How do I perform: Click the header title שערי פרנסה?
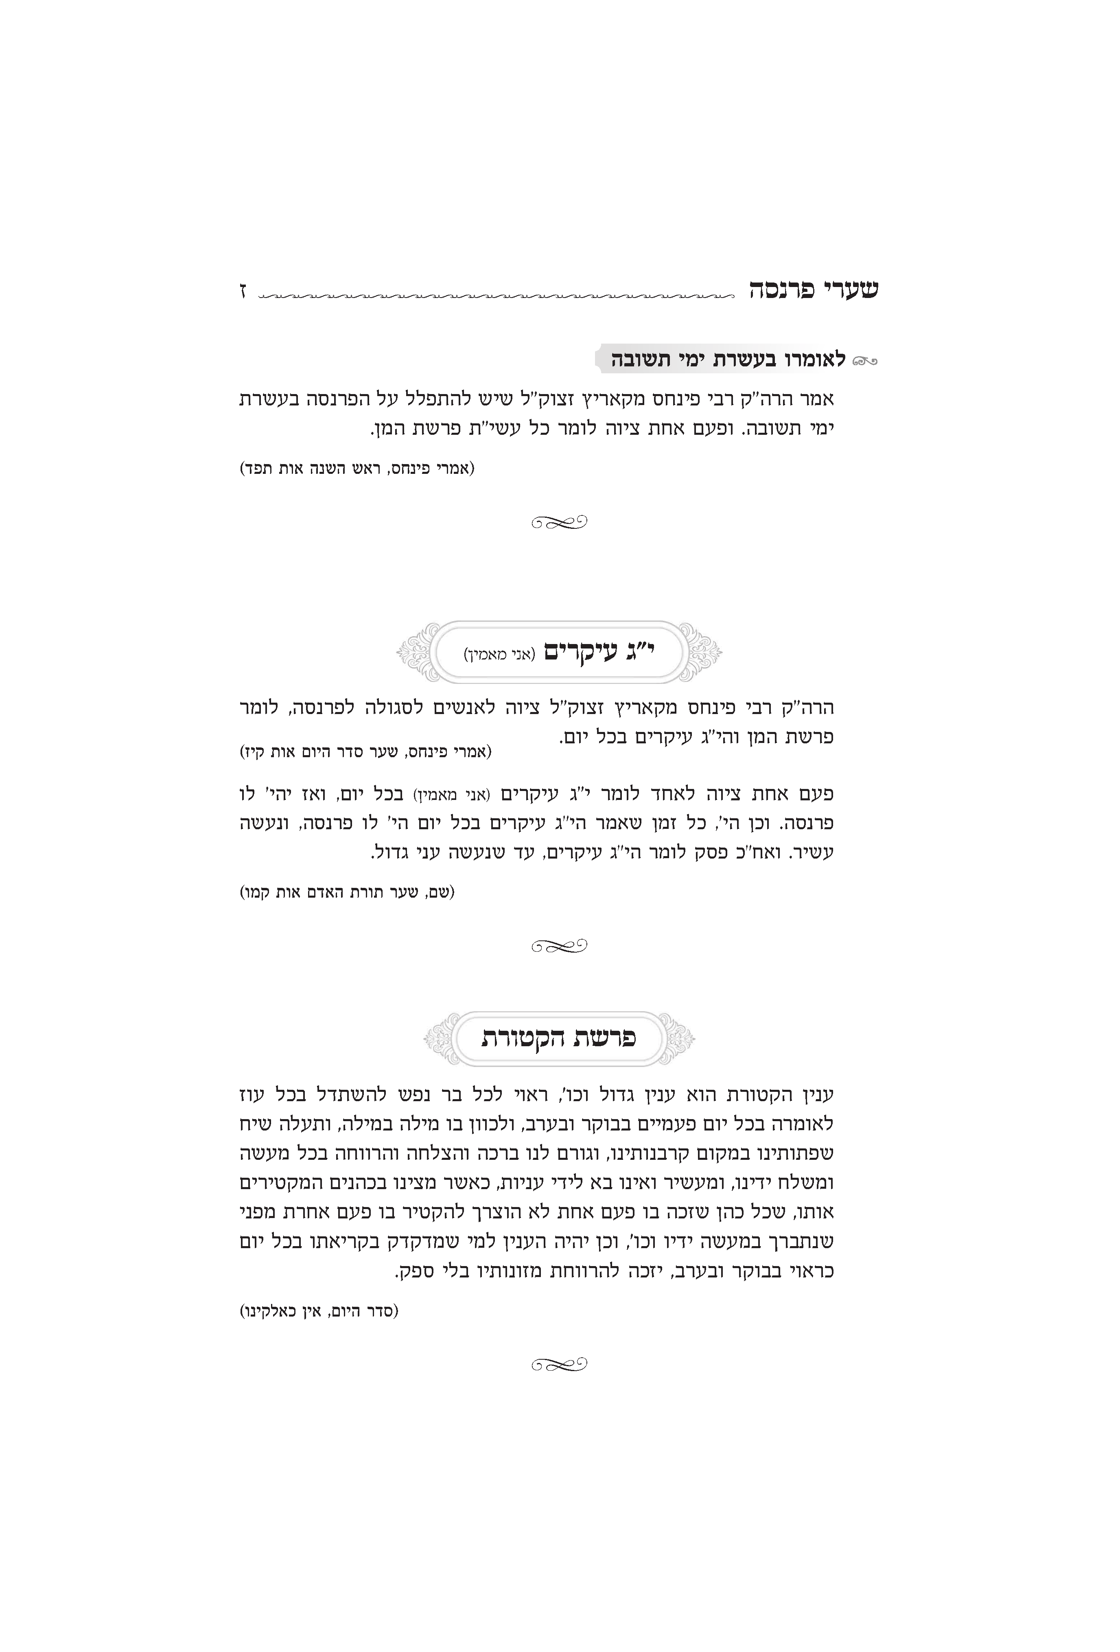point(814,289)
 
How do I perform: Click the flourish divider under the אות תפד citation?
point(559,522)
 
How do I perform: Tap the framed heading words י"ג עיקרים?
point(601,651)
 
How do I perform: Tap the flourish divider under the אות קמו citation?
point(559,945)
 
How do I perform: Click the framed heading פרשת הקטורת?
point(559,1038)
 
